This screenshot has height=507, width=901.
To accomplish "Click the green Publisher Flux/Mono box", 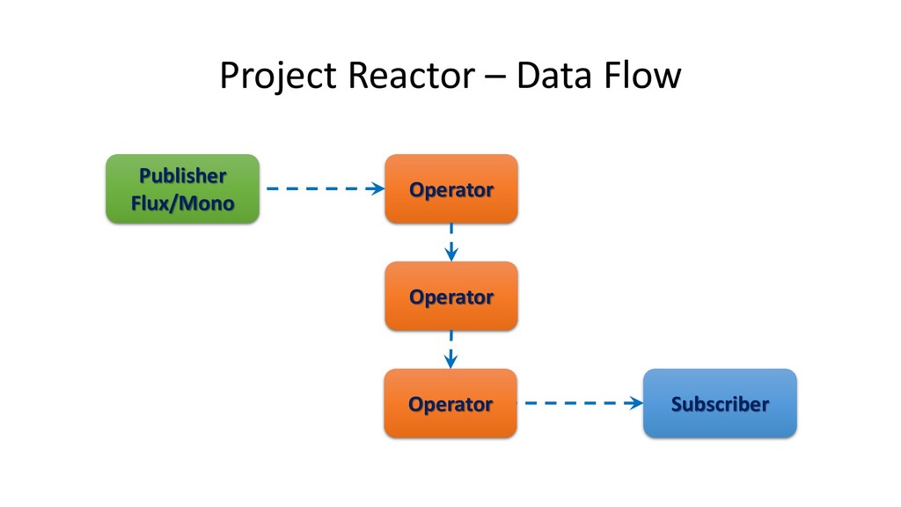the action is (x=183, y=188).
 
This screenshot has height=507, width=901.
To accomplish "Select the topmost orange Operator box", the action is (x=451, y=188).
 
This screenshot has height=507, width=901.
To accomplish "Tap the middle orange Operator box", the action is (x=451, y=296).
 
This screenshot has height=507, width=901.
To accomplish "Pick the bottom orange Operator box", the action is (x=450, y=403).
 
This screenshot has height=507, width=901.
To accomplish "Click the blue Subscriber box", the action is (x=720, y=403).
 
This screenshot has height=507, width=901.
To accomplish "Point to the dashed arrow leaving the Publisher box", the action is (x=326, y=188).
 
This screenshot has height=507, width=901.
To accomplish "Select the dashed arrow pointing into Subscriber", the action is (x=584, y=403).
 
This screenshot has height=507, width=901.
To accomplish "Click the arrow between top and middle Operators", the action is (x=451, y=243).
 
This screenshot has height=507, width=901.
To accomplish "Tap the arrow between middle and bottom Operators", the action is (x=451, y=349).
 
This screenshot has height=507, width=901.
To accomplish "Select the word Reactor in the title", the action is (x=412, y=76).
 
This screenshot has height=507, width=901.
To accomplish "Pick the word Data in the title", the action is (x=554, y=76).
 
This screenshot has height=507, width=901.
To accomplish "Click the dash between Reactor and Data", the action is (x=495, y=77).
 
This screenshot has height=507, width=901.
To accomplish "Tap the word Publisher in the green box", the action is (x=183, y=175).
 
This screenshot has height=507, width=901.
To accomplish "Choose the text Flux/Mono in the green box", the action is (x=183, y=203).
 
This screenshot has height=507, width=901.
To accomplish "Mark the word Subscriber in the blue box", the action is (x=720, y=404).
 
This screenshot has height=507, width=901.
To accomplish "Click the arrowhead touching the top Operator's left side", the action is (x=377, y=188).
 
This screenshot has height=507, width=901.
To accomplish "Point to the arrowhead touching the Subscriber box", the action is (x=635, y=403).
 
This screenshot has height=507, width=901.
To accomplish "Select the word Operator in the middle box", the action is (x=451, y=298).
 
